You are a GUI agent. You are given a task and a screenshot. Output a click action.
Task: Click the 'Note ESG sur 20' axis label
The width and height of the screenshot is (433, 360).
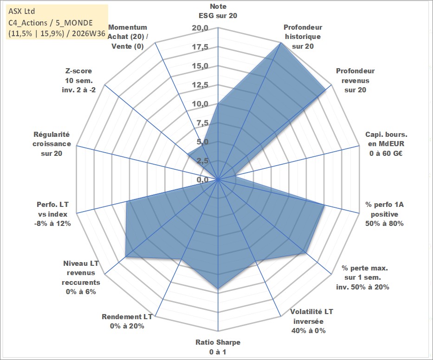(218, 11)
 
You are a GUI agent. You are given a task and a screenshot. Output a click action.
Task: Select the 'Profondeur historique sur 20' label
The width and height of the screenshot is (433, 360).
(303, 37)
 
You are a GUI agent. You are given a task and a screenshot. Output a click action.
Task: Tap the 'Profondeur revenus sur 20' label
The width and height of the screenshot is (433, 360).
(355, 80)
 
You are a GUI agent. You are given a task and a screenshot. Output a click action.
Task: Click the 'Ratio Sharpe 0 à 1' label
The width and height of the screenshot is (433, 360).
(218, 347)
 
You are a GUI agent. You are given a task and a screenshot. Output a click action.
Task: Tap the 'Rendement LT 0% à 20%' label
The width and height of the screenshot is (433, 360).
(127, 321)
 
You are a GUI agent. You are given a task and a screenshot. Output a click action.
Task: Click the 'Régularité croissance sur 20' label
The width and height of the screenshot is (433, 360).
(52, 144)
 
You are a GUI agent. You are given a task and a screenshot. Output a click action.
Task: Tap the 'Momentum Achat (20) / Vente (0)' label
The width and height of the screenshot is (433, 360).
(127, 37)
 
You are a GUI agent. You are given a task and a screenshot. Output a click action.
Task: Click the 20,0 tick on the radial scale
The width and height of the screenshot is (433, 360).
(200, 28)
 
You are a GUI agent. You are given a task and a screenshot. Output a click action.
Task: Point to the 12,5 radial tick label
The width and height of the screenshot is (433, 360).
(200, 85)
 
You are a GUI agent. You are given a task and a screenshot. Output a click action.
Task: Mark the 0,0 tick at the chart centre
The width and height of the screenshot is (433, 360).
(203, 180)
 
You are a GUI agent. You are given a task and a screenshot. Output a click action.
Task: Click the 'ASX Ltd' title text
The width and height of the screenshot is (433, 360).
(21, 11)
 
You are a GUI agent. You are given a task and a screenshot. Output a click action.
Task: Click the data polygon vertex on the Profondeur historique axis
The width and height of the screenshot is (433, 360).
(281, 43)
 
